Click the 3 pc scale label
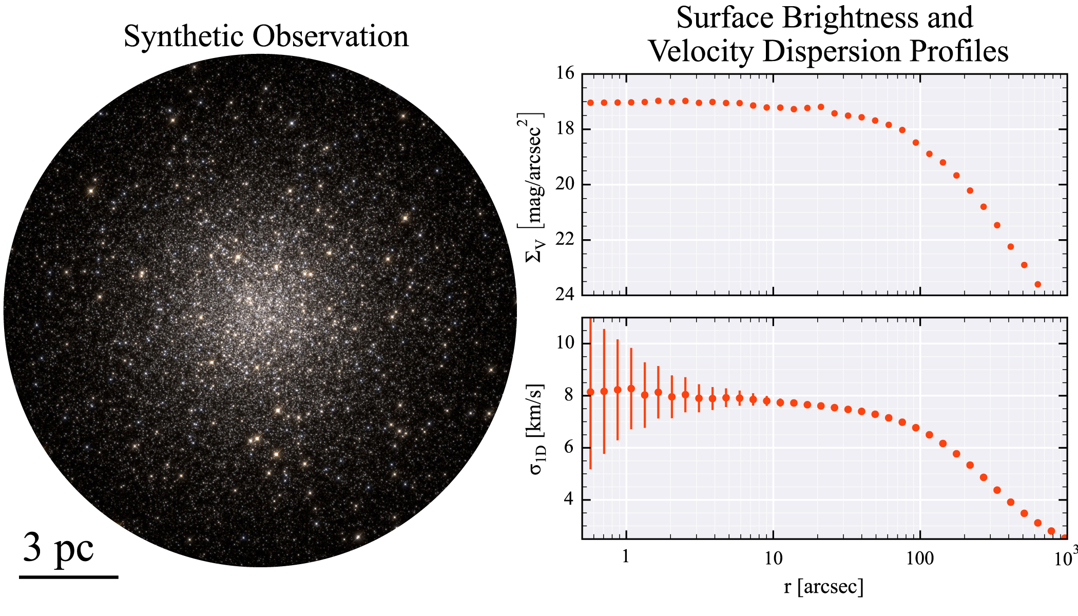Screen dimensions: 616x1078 58,548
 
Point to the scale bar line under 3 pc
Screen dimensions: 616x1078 69,577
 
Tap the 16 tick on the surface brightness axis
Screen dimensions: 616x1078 565,73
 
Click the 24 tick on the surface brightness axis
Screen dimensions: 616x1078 565,295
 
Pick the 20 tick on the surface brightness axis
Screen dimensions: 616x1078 565,184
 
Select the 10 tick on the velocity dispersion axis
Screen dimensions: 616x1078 565,343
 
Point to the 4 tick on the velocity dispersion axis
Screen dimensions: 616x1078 569,499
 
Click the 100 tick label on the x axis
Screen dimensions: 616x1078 919,559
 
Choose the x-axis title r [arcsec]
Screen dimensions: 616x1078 823,586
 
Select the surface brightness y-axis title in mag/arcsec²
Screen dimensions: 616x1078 534,187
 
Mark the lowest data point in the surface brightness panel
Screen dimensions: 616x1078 1037,284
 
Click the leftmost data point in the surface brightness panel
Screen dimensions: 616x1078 590,103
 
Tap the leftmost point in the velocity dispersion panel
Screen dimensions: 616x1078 590,392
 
